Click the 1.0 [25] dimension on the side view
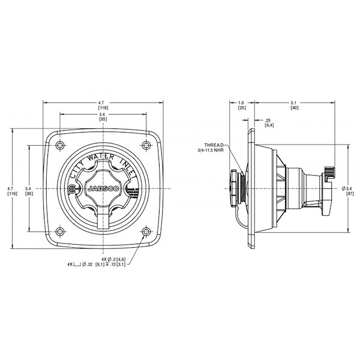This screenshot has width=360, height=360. coord(242,105)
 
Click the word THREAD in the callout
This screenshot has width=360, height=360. coord(214,146)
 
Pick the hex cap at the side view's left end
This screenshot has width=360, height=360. coord(231,188)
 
